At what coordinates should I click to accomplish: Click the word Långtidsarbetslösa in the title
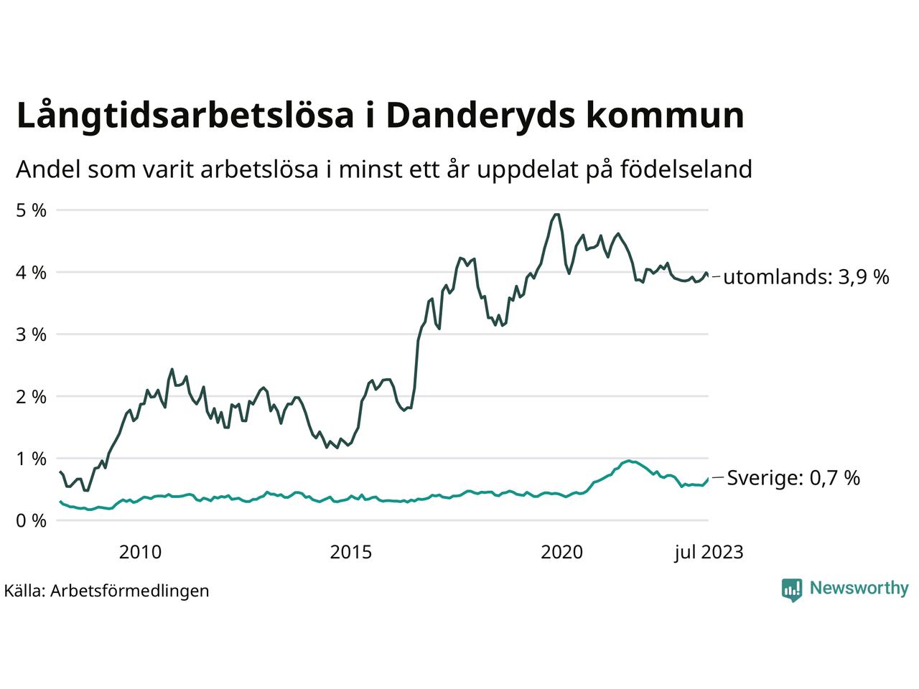pos(185,116)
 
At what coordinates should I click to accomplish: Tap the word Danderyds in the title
pos(480,116)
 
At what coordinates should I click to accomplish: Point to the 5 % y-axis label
pos(31,210)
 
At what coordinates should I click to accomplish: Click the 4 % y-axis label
pos(31,273)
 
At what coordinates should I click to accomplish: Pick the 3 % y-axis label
pos(31,334)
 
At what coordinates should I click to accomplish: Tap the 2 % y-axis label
pos(31,396)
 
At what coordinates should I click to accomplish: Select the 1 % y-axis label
pos(31,459)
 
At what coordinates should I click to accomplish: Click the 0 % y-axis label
pos(31,520)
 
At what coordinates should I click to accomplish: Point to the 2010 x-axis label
pos(140,552)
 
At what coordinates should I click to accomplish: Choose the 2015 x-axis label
pos(351,552)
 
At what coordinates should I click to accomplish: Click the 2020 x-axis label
pos(562,552)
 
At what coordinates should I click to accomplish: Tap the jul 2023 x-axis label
pos(708,552)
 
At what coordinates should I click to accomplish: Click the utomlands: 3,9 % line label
pos(806,277)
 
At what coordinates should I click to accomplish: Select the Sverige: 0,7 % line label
pos(793,478)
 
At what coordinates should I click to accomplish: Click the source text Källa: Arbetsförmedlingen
pos(106,591)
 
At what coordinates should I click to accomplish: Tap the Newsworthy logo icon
pos(792,589)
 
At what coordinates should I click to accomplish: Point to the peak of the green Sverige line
pos(629,461)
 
